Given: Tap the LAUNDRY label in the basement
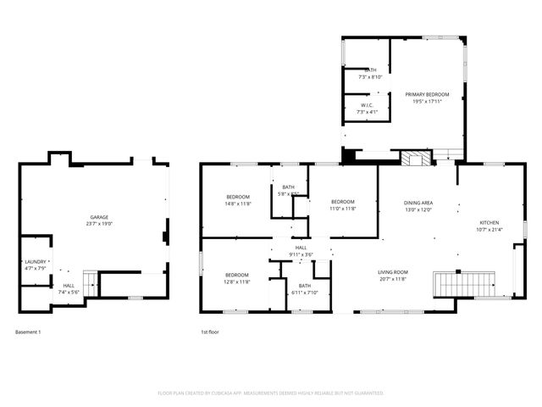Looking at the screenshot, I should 35,261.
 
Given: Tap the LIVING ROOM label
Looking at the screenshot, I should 392,271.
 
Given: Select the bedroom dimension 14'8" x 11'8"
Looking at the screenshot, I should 237,203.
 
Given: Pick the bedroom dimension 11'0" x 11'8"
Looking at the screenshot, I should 342,209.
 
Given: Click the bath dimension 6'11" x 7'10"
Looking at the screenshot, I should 304,293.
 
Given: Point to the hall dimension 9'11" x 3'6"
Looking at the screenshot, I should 301,254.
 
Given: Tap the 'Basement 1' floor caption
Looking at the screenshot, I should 28,332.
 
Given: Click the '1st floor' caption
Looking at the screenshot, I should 209,332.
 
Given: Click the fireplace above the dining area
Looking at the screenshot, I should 414,159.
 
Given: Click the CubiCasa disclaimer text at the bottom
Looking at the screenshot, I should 271,393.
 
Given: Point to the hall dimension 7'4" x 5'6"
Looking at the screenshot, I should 69,293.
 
